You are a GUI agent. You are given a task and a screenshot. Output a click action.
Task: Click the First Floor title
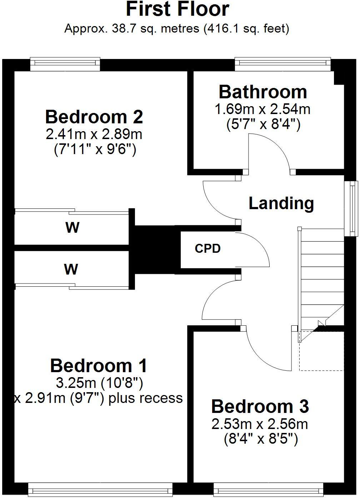coord(177,9)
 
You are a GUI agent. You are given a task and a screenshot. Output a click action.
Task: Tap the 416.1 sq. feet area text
coord(246,29)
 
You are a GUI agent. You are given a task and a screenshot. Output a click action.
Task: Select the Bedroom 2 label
coord(94,117)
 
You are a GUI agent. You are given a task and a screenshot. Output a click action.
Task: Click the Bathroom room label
coord(262,92)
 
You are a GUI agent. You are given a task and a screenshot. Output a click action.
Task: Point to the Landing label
coord(281,203)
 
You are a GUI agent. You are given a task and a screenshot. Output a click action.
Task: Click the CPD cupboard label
coord(207,248)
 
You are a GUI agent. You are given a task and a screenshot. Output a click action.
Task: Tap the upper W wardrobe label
coord(72,227)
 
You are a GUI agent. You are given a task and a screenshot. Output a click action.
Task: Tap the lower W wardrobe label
coord(71,269)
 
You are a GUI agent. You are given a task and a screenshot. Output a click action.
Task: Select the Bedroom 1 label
coord(98,366)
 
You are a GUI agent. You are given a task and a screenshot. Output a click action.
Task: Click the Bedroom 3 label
coord(260,406)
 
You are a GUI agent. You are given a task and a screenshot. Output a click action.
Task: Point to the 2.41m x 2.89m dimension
coord(94,134)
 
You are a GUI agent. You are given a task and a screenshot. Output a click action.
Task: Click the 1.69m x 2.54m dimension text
coord(262,109)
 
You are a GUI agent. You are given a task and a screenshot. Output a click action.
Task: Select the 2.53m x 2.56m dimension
coord(260,424)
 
